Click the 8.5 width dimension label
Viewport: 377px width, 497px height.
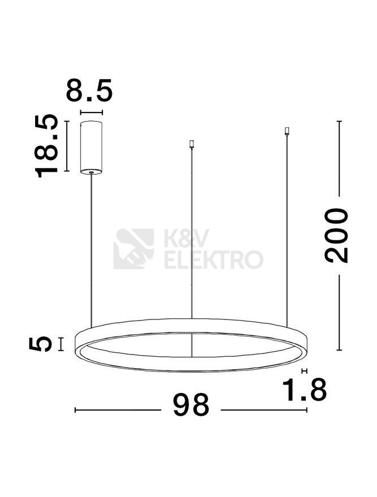[x=89, y=90]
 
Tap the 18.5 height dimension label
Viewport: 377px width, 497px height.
[x=46, y=146]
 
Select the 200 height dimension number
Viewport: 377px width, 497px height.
[x=336, y=236]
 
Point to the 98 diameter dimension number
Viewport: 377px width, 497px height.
[x=191, y=405]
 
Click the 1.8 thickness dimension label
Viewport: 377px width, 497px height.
[x=304, y=389]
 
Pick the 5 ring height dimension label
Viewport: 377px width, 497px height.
[x=40, y=344]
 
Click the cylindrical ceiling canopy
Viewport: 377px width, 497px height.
[x=91, y=147]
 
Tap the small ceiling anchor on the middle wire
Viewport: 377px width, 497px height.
[x=192, y=144]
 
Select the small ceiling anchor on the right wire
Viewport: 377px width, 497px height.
[x=287, y=131]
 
